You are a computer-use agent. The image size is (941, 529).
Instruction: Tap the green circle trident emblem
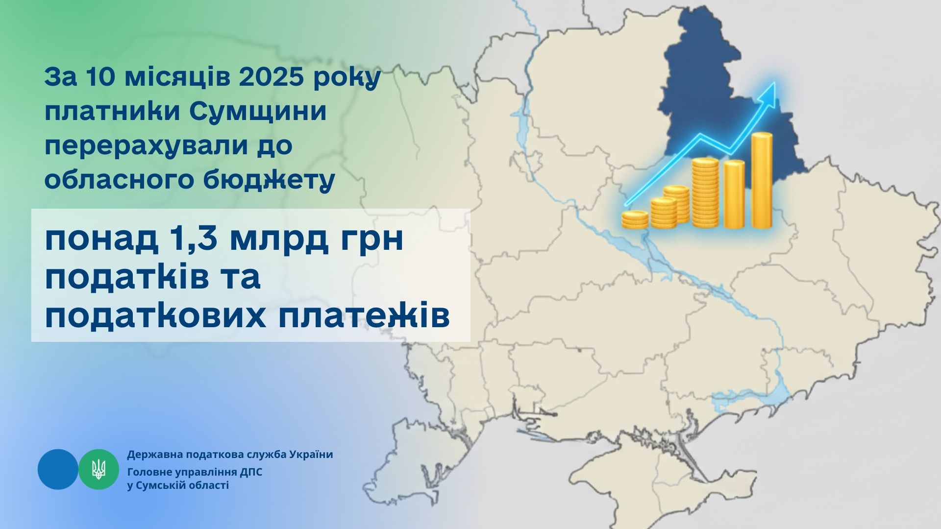click(x=99, y=469)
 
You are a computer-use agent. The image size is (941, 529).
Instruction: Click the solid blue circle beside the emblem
click(x=58, y=469)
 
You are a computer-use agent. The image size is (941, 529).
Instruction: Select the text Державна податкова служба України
click(x=230, y=455)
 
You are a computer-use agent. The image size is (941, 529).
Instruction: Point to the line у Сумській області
click(x=177, y=486)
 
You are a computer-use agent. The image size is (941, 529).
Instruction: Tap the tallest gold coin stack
click(x=762, y=181)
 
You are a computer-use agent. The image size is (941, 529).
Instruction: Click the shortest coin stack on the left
click(x=635, y=219)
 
